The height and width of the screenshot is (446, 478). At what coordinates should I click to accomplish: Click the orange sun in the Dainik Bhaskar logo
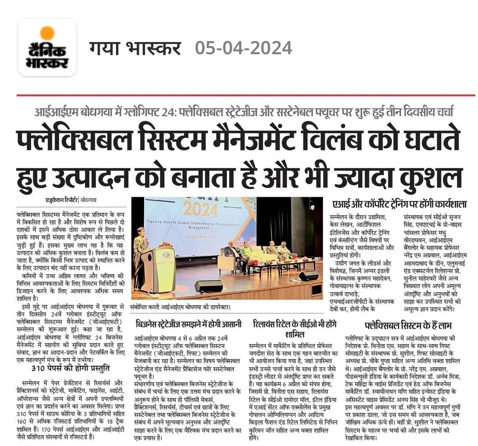[47, 33]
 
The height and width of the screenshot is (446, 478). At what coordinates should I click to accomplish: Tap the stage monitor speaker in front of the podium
[207, 286]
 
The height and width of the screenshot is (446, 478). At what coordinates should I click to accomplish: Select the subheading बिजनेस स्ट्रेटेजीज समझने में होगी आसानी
[189, 324]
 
